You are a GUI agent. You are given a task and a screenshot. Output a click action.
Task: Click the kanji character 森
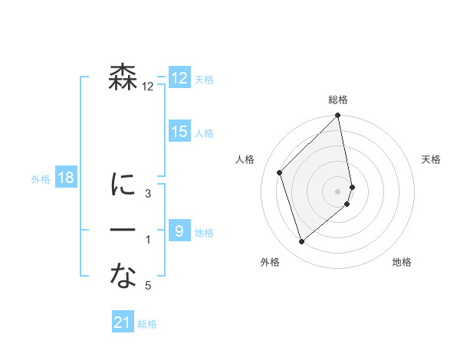click(123, 78)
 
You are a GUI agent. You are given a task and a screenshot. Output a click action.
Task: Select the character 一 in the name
click(123, 231)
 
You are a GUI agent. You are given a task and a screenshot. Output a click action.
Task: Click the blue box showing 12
click(179, 78)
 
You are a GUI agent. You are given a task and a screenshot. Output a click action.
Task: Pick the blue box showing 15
click(179, 132)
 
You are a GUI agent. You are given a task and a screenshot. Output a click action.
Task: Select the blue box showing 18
click(66, 178)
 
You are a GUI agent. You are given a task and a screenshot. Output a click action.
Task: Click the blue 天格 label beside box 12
click(204, 80)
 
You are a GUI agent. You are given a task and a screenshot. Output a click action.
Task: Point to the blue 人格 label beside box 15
click(204, 133)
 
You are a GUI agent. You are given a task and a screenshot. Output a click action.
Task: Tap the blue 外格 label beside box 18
click(41, 179)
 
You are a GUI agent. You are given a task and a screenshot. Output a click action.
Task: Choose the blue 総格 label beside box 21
click(147, 324)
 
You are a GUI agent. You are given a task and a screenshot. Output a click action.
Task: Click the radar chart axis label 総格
click(338, 100)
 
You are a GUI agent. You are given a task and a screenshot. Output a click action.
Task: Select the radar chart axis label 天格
click(432, 159)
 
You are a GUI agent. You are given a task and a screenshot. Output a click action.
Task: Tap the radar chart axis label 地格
click(402, 262)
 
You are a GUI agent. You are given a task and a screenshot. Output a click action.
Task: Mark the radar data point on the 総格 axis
click(338, 116)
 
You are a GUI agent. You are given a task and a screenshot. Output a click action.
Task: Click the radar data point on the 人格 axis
click(280, 172)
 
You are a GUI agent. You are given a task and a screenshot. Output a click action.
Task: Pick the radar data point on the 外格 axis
click(302, 242)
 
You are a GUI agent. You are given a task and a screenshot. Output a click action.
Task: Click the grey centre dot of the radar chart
click(338, 191)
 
